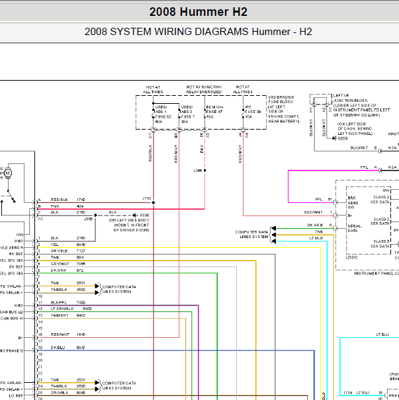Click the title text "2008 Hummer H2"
(x=199, y=11)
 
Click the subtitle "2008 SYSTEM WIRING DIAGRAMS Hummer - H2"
(x=199, y=32)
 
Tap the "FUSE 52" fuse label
(x=163, y=116)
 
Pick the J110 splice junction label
(x=146, y=198)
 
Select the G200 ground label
(x=343, y=138)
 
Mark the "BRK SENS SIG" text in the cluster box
(x=352, y=203)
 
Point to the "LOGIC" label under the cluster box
(x=353, y=257)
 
